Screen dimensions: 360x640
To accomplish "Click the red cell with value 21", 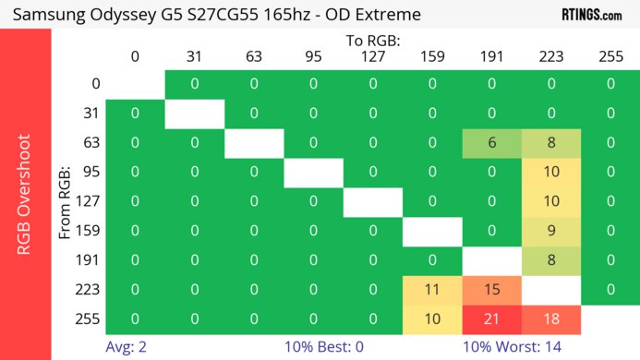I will [492, 319].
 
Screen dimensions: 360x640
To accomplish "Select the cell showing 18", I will [551, 319].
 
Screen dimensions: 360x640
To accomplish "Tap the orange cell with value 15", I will [492, 290].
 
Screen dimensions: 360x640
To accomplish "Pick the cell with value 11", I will [432, 290].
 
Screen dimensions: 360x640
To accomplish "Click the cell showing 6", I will [492, 142].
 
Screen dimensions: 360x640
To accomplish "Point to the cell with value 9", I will [551, 231].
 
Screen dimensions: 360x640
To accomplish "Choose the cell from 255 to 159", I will [432, 319].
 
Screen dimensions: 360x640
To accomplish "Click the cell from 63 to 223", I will [551, 142].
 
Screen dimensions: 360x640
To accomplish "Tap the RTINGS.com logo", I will [591, 15].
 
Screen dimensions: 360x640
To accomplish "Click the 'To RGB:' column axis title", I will [372, 41].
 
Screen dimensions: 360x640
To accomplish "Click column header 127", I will [372, 57].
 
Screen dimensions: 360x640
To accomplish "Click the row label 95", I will [90, 172].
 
